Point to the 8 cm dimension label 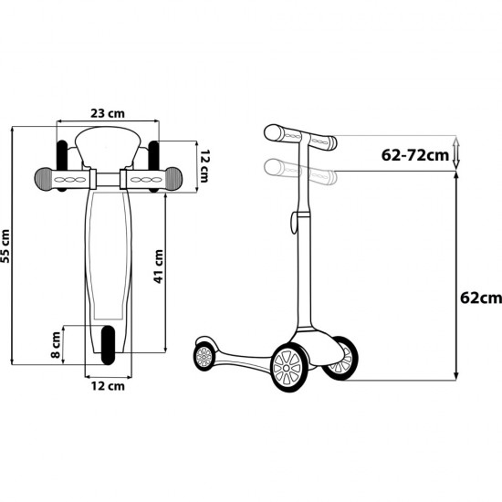tap(56, 342)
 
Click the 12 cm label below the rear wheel tap(108, 386)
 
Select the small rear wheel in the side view tap(204, 353)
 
